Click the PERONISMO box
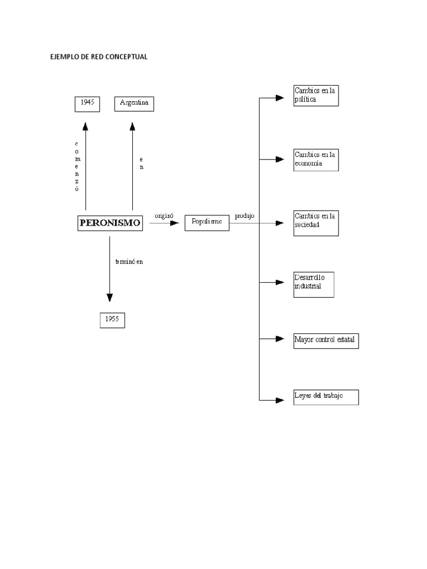coord(110,223)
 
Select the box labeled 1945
coord(87,103)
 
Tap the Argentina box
coord(134,103)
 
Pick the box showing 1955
coord(112,320)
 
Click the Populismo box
coord(206,222)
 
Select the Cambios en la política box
coord(315,95)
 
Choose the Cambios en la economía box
coord(315,159)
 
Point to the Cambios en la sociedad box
coord(315,223)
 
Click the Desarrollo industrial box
coord(314,284)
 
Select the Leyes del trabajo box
coord(326,397)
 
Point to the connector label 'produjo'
coord(244,216)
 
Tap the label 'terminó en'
coord(129,262)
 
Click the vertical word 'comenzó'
coord(77,166)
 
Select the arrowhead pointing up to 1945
coord(86,127)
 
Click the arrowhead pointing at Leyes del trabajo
coord(280,400)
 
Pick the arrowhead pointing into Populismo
coord(175,223)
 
